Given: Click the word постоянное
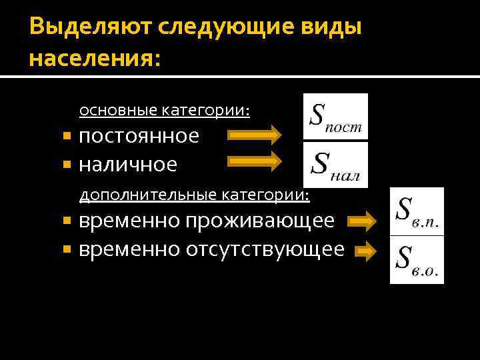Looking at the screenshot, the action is click(x=139, y=136).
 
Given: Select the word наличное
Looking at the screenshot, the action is click(x=128, y=163).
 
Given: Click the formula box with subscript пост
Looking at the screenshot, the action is click(x=335, y=117).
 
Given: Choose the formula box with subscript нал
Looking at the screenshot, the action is click(x=335, y=163).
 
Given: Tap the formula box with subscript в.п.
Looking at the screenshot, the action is click(x=417, y=211).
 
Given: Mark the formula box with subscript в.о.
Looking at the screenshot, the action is click(x=417, y=260).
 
